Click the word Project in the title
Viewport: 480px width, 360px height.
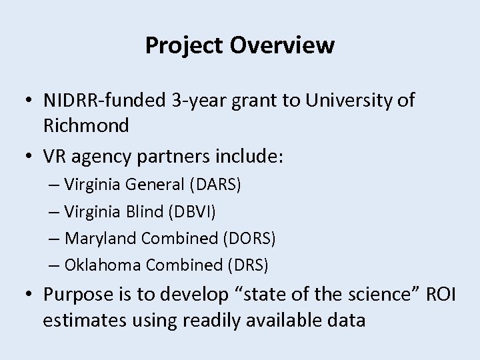click(x=183, y=45)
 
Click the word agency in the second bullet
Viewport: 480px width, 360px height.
click(x=103, y=157)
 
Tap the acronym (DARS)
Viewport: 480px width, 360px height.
click(x=217, y=185)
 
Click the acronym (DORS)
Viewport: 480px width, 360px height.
click(x=251, y=238)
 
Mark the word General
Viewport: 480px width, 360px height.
click(x=155, y=185)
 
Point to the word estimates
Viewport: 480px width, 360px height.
click(x=81, y=320)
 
